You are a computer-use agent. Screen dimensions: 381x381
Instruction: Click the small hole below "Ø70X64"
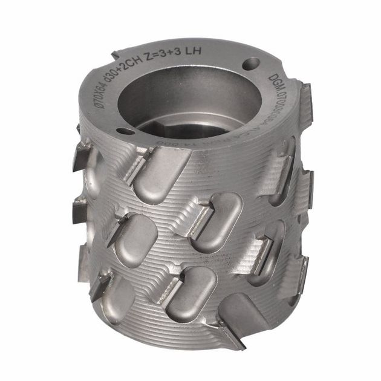(124, 130)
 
